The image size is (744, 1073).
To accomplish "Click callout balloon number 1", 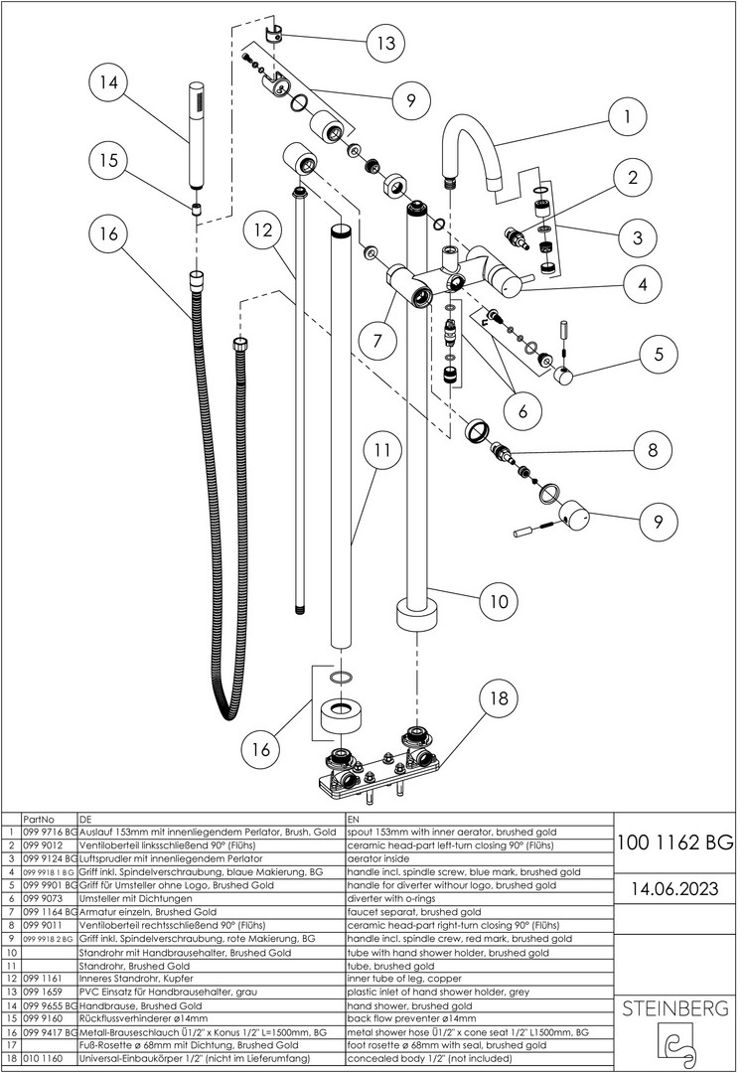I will click(x=627, y=117).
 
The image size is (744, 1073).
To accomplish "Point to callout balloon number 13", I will click(x=383, y=43).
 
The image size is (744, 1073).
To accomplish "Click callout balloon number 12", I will click(x=263, y=230).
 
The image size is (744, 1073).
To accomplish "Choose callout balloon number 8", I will click(x=653, y=449).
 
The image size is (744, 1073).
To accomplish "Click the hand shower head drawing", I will click(x=195, y=139).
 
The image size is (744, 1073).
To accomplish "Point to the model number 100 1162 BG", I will click(x=675, y=843).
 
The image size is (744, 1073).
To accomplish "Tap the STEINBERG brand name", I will click(x=675, y=1008).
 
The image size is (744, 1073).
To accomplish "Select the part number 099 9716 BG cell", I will click(x=49, y=832).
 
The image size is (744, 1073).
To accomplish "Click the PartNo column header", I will click(x=38, y=819).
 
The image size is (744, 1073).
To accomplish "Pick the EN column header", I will click(x=354, y=819).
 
